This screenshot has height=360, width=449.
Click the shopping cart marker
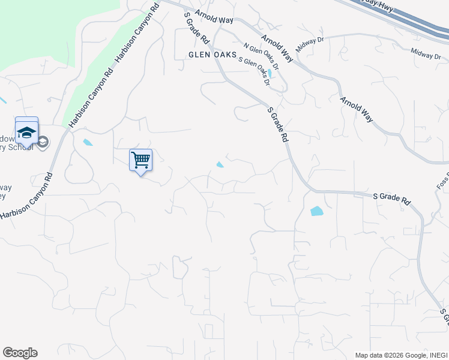tap(140, 160)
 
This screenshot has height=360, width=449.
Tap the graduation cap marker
tap(26, 131)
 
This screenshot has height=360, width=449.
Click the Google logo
tap(20, 353)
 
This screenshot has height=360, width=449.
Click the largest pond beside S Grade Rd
tap(316, 211)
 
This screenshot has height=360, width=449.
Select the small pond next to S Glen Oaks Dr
tap(272, 74)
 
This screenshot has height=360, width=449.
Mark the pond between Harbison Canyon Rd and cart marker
tap(88, 143)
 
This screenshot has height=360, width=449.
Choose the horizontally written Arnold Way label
tap(213, 20)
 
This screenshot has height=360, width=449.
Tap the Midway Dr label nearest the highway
tap(426, 55)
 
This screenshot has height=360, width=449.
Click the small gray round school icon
tap(43, 142)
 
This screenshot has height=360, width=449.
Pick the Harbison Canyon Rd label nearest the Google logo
tap(26, 196)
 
